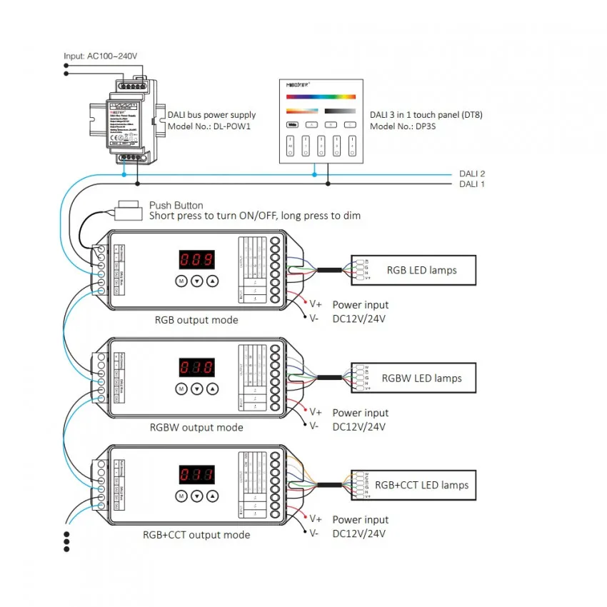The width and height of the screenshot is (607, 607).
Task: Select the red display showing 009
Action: coord(196,259)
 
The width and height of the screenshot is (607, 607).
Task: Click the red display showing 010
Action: coord(196,367)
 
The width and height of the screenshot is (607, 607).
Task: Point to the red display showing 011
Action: coord(196,474)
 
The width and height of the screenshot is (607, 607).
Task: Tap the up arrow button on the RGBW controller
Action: coord(212,389)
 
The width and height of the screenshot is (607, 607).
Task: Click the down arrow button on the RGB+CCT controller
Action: coord(196,496)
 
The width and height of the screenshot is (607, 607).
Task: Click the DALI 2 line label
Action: coord(471,174)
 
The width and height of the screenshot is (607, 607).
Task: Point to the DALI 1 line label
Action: coord(471,184)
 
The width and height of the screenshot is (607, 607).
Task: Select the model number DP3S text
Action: coord(404,126)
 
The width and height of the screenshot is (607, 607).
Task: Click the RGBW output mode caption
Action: coord(196,428)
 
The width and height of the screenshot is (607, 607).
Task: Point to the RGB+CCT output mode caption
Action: coord(196,535)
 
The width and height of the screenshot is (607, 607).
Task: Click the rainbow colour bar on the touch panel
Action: coord(321,96)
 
